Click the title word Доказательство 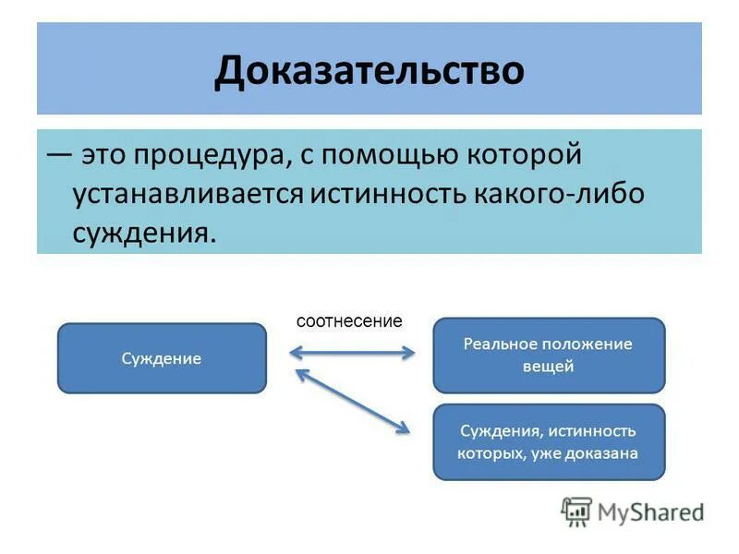click(x=369, y=71)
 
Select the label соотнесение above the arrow click(x=349, y=321)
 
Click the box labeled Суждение click(x=162, y=358)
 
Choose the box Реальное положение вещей click(x=549, y=355)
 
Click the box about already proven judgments click(x=549, y=442)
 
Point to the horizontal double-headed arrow click(x=352, y=353)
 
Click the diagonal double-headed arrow click(x=352, y=400)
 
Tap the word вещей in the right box click(x=548, y=367)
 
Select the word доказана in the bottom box click(x=604, y=453)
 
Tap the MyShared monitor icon click(x=576, y=512)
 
